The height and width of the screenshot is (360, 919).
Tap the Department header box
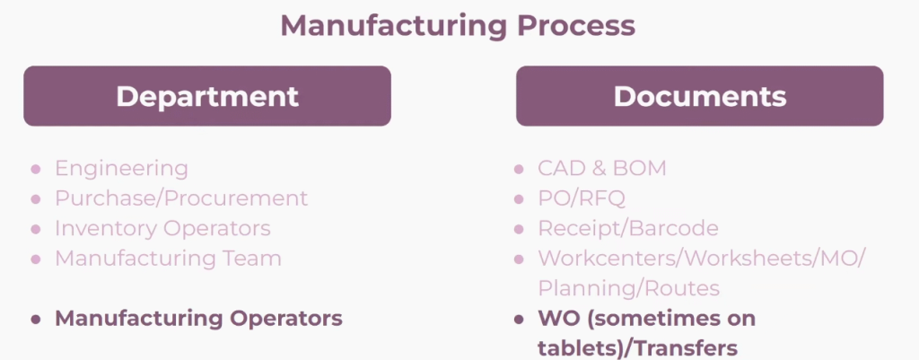(207, 96)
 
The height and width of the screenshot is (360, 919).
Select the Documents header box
(700, 96)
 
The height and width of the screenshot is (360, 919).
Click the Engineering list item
(121, 169)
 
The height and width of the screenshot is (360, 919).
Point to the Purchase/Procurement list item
(181, 198)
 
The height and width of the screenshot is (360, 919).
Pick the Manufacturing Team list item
(168, 258)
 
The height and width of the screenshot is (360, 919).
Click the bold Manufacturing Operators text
(198, 319)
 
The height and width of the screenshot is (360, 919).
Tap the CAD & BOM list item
(602, 168)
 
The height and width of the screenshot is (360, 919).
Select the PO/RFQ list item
(582, 198)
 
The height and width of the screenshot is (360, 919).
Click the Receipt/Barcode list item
(628, 228)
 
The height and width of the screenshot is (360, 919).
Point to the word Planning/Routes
(629, 288)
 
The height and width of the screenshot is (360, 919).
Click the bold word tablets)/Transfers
(638, 348)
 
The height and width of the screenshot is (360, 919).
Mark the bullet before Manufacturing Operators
(36, 319)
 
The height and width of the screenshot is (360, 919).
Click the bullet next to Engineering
(36, 169)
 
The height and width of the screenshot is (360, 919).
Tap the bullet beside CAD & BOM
(519, 169)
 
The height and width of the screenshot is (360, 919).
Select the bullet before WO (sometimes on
(519, 319)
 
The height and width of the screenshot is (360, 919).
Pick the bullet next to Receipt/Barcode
(519, 229)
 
